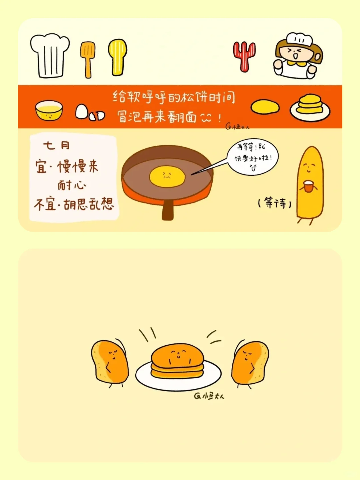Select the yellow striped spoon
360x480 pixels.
[118, 57]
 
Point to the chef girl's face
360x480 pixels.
[293, 53]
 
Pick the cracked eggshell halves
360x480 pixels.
[97, 116]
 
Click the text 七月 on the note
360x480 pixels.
[56, 145]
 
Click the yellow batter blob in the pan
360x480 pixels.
[167, 176]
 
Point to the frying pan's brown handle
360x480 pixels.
[168, 210]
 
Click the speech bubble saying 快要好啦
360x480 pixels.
[253, 157]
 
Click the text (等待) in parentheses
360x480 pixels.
[275, 203]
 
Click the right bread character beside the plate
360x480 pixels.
[250, 363]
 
